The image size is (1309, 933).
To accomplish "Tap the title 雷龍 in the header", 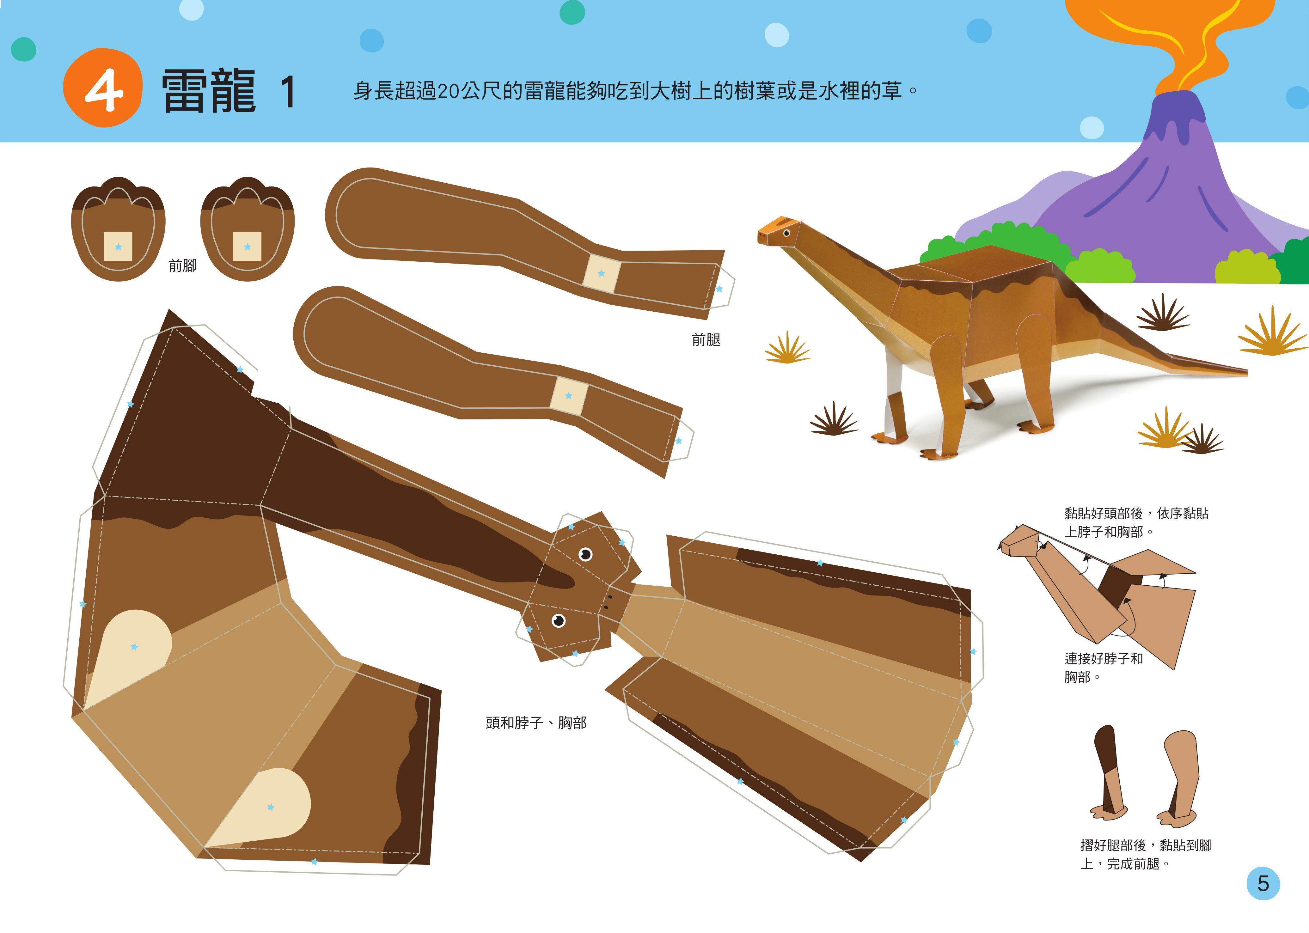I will coord(209,91).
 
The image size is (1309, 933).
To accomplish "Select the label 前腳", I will coord(183,265).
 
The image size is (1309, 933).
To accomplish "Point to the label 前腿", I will coord(706,340).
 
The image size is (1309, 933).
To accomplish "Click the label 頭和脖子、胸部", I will coord(535,723).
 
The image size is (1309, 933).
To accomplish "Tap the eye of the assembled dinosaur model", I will coord(786,233).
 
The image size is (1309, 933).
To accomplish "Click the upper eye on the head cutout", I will coord(585,554).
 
